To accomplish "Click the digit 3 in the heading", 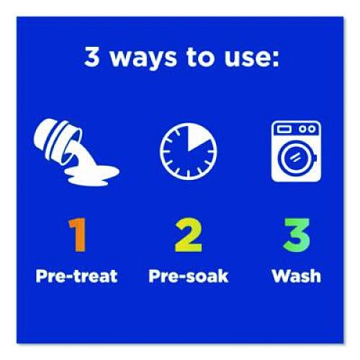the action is [x=92, y=56].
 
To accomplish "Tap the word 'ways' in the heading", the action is [x=143, y=59].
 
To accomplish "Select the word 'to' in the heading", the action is [x=200, y=57].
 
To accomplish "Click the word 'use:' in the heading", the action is [x=251, y=59].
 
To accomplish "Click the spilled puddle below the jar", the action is [x=92, y=174].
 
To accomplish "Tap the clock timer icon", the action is [x=188, y=151].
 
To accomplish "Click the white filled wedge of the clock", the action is [x=196, y=138].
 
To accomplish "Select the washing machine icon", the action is [x=296, y=151].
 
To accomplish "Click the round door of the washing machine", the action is [x=295, y=158].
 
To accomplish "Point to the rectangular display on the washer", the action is [x=284, y=129].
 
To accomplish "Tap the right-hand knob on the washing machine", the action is [x=312, y=129].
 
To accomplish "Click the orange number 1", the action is [x=78, y=235].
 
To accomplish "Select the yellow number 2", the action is [x=188, y=235].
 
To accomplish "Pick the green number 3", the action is [x=297, y=235].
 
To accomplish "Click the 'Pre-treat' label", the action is [x=76, y=276].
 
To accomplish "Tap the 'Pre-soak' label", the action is [x=189, y=276].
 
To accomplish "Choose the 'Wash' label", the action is [x=297, y=276].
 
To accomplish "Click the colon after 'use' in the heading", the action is [x=275, y=59].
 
